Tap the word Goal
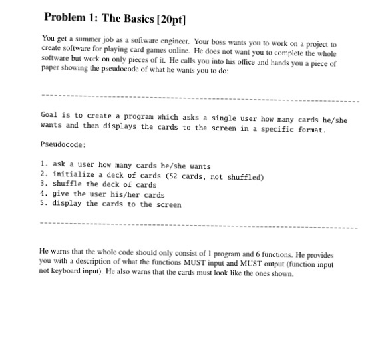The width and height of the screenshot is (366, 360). [51, 115]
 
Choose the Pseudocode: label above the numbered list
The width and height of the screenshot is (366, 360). [63, 144]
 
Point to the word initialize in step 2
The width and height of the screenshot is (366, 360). [74, 176]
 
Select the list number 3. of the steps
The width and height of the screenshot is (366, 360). [43, 185]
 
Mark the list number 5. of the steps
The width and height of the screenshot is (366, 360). [43, 204]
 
